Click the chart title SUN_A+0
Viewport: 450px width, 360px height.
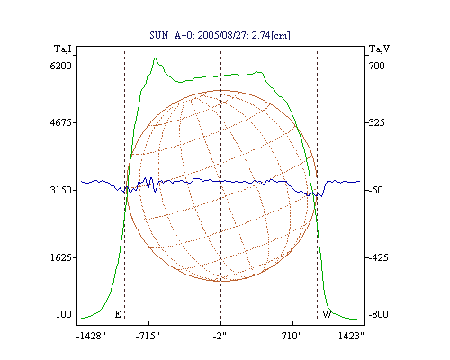coord(172,36)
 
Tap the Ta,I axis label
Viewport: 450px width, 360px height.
coord(63,49)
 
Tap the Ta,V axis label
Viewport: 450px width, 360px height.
coord(379,49)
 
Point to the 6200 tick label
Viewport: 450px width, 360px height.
coord(60,66)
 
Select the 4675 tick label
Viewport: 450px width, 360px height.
coord(60,122)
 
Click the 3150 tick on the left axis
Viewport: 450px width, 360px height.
coord(60,190)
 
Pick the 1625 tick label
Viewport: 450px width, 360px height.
coord(60,257)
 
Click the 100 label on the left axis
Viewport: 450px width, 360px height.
coord(64,314)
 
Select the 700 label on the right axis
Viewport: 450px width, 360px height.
coord(376,66)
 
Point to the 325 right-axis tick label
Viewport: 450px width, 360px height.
coord(376,122)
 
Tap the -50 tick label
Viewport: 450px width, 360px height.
coord(375,190)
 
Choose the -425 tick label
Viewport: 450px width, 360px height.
coord(378,257)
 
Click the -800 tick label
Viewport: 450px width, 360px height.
coord(378,314)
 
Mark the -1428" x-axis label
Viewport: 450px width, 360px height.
coord(91,336)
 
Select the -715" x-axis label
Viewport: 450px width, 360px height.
coord(148,336)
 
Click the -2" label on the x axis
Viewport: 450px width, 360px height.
coord(220,336)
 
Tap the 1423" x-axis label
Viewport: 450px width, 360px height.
coord(351,336)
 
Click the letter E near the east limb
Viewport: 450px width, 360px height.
coord(118,314)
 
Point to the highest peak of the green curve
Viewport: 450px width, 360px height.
coord(155,58)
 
